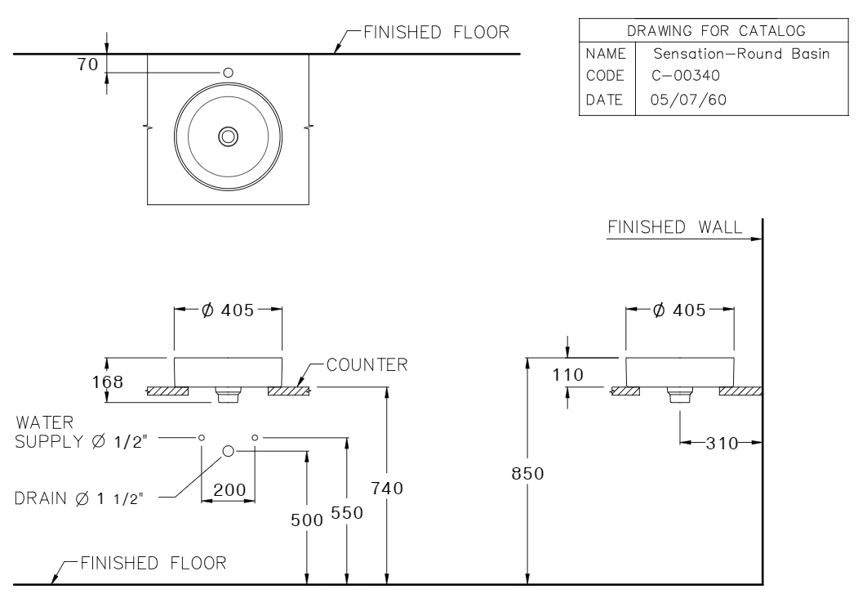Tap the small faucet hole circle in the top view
coord(228,72)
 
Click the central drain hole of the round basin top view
coord(228,136)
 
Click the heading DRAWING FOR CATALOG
coord(703,31)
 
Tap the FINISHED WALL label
coord(674,228)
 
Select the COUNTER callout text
coord(367,364)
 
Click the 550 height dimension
coord(346,512)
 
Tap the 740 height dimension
coord(387,488)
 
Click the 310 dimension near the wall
coord(722,444)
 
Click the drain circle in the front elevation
coord(229,450)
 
